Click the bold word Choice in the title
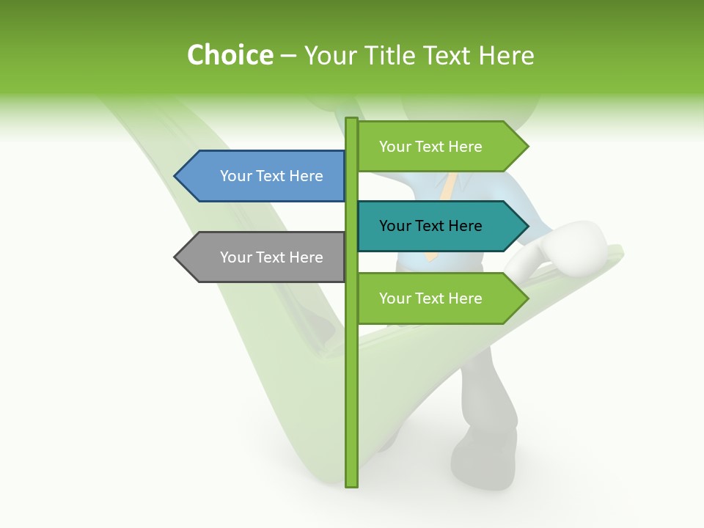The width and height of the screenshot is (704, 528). pos(230,56)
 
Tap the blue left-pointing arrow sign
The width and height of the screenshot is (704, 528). pos(260,176)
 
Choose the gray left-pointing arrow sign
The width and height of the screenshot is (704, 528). pos(260,257)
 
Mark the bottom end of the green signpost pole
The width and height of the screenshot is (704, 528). pos(352,484)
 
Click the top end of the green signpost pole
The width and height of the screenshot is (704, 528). pos(352,120)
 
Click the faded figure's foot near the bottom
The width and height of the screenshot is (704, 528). pos(480,462)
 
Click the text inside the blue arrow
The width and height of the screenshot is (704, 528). pos(271,176)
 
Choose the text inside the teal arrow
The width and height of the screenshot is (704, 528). pos(430,226)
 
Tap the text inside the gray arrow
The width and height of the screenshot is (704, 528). pos(271,257)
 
